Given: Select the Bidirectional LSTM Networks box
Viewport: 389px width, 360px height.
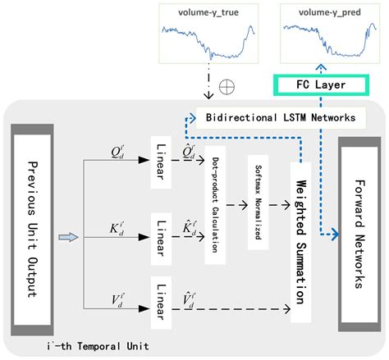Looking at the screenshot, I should (x=279, y=117).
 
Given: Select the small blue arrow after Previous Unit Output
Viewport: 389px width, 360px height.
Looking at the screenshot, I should (x=70, y=237).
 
